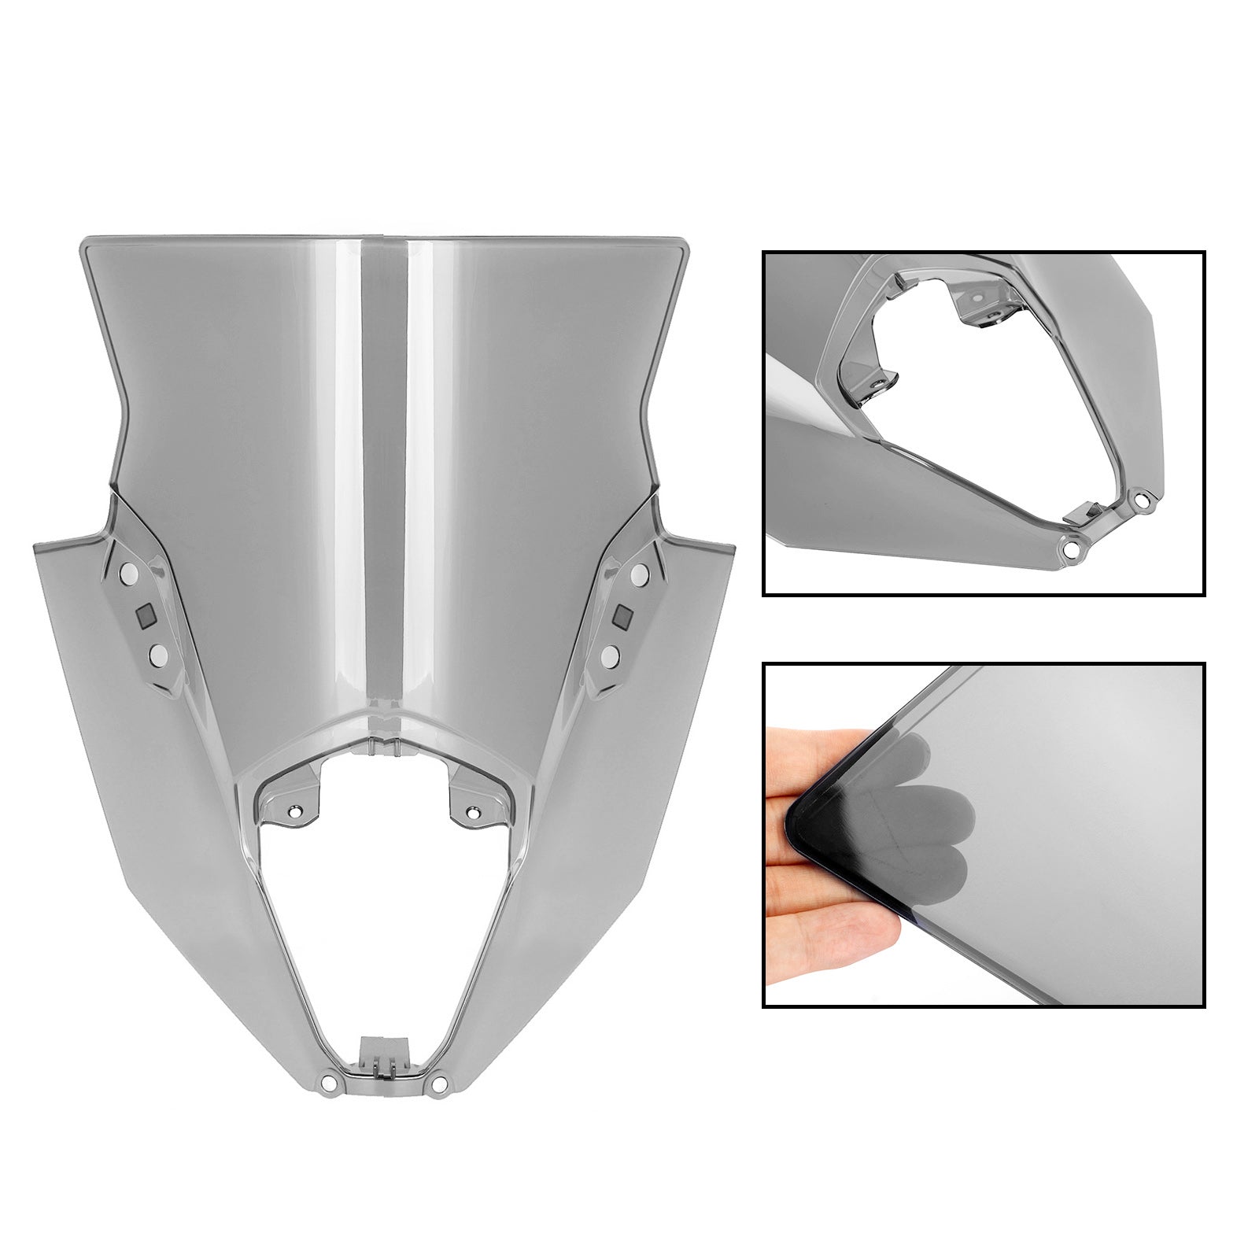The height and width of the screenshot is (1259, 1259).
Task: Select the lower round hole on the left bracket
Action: coord(158,652)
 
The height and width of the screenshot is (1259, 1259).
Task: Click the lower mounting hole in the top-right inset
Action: coord(1070,549)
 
